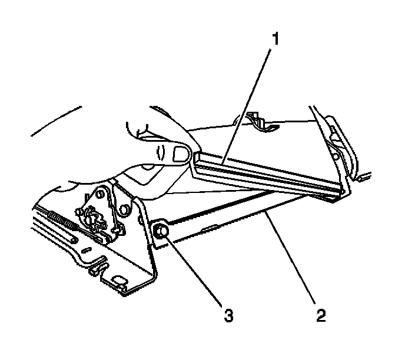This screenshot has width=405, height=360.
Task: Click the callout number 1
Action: [274, 40]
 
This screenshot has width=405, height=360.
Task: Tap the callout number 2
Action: [320, 315]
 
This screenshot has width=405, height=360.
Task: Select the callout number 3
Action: [228, 315]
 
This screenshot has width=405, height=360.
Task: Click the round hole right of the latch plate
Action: [125, 208]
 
